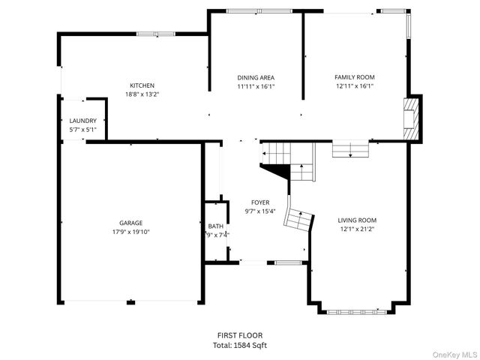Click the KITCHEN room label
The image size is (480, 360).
point(142,85)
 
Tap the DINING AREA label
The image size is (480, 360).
point(256,77)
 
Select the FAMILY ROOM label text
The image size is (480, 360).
point(354,77)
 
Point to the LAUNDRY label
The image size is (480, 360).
point(82,121)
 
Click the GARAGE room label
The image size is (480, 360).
point(130,223)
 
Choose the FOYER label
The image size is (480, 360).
point(260,202)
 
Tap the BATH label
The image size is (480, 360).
point(216,226)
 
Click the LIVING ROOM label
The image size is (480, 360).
point(356,220)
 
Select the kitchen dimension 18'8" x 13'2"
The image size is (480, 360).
point(142,94)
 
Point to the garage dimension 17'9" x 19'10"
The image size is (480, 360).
point(130,232)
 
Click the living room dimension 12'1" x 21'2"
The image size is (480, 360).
point(356,229)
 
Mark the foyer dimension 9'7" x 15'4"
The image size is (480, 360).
point(260,211)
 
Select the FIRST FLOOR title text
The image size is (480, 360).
point(240,335)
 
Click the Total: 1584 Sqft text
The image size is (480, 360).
point(240,345)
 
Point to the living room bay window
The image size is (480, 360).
point(358,310)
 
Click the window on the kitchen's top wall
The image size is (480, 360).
point(155,33)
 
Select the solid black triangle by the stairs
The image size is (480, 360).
point(279,172)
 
